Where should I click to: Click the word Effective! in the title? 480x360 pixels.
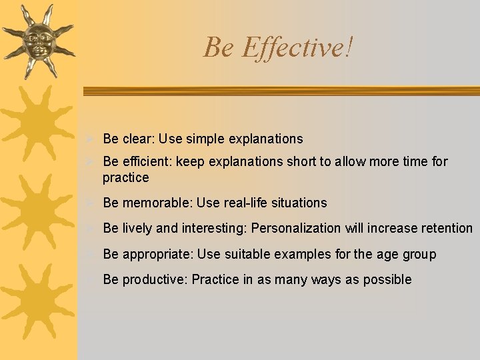[298, 47]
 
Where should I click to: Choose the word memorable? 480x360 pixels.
[157, 203]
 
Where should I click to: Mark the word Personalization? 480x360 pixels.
[296, 228]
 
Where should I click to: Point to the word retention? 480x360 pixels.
[446, 228]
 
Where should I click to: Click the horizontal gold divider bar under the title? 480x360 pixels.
[280, 91]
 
